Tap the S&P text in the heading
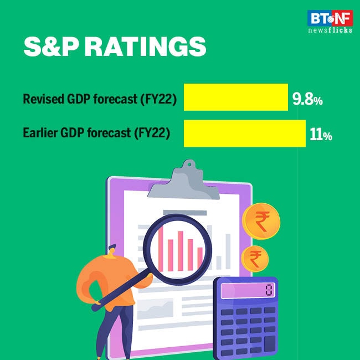coord(53,48)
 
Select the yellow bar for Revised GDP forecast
coord(235,97)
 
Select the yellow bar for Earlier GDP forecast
coord(244,133)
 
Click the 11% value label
coord(321,135)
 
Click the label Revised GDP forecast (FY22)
coord(100,100)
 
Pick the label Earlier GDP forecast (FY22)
coord(96,134)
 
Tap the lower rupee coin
coord(255,258)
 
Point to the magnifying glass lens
coord(178,243)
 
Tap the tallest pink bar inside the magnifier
coord(178,244)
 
